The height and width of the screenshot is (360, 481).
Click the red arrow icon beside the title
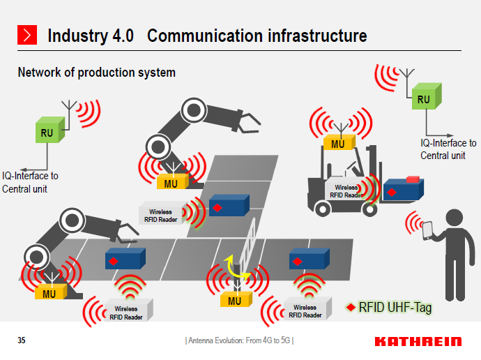tap(26, 36)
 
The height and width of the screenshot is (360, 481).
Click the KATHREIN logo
tap(418, 341)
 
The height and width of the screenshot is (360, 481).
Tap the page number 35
tap(22, 340)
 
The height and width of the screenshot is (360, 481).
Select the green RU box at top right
tap(424, 99)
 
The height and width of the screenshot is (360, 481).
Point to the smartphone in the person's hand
tap(427, 230)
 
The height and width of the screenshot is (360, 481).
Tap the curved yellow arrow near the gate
tap(236, 268)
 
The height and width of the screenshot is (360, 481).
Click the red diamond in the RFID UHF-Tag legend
tap(351, 307)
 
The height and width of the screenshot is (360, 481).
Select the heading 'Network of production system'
tap(96, 73)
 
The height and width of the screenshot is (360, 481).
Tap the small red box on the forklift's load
tap(411, 179)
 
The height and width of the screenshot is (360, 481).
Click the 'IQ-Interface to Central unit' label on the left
tap(30, 182)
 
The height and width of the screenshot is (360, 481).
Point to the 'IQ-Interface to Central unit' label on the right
tap(448, 149)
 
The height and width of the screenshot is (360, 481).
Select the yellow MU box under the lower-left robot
tap(49, 292)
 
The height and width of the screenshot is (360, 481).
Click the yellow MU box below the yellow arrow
tap(235, 300)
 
